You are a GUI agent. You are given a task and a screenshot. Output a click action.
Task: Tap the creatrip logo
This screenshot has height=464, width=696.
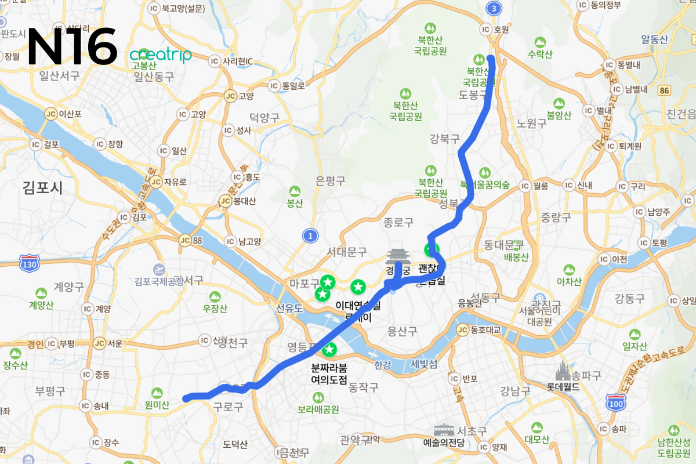tap(161, 55)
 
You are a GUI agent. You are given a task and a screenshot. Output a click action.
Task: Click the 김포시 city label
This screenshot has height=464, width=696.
tap(42, 187)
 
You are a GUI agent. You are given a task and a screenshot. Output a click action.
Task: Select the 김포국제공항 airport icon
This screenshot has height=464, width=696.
tap(159, 269)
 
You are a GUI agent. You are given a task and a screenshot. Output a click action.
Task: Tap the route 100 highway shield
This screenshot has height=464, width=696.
tap(615, 401)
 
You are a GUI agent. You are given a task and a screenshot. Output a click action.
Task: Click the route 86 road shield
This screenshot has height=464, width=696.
tap(664, 90)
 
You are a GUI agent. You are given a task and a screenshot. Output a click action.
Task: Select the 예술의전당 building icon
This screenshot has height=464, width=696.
tap(444, 430)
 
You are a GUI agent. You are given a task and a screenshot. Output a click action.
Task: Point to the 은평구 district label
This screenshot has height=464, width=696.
tap(330, 181)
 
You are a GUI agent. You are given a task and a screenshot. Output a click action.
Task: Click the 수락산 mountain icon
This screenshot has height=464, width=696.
tap(540, 42)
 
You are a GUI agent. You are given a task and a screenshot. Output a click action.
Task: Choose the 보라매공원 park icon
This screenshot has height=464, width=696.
tap(318, 397)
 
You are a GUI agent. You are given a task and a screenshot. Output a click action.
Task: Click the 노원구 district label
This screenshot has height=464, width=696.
tap(531, 124)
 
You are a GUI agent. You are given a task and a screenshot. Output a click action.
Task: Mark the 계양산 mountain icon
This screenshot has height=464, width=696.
tap(41, 294)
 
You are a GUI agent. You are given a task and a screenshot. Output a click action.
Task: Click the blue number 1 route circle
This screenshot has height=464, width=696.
tap(311, 235)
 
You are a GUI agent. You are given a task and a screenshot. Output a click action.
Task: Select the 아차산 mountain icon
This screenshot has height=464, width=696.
tap(568, 270)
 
